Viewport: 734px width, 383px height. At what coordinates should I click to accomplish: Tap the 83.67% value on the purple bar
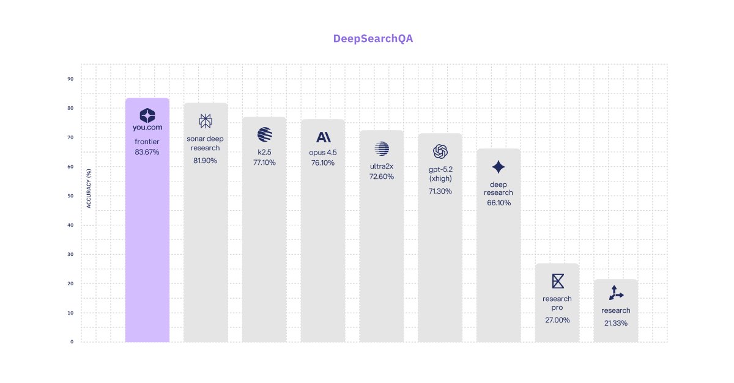pyautogui.click(x=147, y=151)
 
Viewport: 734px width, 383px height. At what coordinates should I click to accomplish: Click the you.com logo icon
pyautogui.click(x=147, y=115)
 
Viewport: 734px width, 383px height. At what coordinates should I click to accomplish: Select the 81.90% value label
pyautogui.click(x=206, y=160)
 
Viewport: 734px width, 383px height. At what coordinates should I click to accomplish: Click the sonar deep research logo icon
pyautogui.click(x=206, y=121)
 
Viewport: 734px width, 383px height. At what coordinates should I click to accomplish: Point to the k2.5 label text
pyautogui.click(x=264, y=152)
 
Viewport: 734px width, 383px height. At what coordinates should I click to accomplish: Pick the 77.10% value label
pyautogui.click(x=264, y=162)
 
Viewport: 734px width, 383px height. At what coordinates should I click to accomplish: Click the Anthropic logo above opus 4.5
pyautogui.click(x=323, y=137)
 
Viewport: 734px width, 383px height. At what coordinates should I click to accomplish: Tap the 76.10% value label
pyautogui.click(x=323, y=162)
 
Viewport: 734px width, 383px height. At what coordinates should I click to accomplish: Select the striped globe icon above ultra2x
pyautogui.click(x=382, y=148)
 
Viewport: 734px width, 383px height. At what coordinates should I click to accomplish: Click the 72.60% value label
pyautogui.click(x=382, y=177)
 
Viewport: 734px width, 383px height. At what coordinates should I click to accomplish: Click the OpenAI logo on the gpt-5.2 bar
pyautogui.click(x=440, y=151)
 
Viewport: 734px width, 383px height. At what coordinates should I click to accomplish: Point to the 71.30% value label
pyautogui.click(x=440, y=191)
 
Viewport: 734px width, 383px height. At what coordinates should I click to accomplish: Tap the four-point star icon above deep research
pyautogui.click(x=499, y=167)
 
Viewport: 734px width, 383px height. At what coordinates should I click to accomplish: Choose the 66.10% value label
pyautogui.click(x=499, y=203)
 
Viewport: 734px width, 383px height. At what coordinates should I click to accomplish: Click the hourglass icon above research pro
pyautogui.click(x=557, y=281)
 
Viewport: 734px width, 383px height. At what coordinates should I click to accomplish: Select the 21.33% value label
pyautogui.click(x=615, y=323)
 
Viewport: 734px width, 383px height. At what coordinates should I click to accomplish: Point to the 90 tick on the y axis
pyautogui.click(x=70, y=79)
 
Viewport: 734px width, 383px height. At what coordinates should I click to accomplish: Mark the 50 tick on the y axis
pyautogui.click(x=70, y=196)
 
